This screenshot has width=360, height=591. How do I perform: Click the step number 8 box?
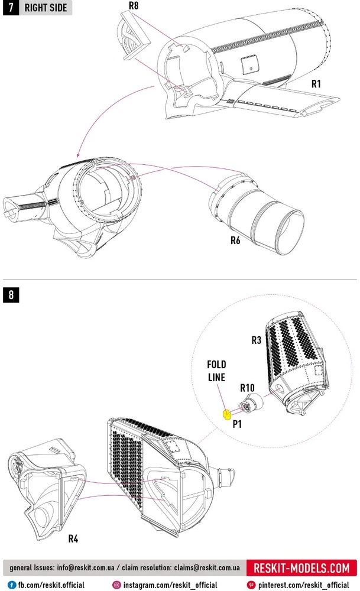(x=11, y=294)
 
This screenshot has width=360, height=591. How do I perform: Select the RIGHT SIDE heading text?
(x=46, y=9)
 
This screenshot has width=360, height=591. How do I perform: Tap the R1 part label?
(x=316, y=84)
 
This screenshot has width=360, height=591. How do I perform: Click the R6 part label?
(x=235, y=241)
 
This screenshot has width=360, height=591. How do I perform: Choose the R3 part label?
(x=256, y=340)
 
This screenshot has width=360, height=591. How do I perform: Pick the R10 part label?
(x=247, y=388)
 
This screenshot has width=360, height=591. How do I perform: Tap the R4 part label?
(x=74, y=538)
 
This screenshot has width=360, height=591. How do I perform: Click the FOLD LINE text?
(x=216, y=371)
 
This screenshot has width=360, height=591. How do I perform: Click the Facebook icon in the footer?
(x=11, y=584)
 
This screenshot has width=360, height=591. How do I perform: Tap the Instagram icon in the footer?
(x=116, y=584)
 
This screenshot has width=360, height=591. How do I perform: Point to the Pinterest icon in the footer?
(x=252, y=584)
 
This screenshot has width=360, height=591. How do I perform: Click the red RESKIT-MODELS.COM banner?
(x=301, y=569)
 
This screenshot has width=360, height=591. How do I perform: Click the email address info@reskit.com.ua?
(x=90, y=569)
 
